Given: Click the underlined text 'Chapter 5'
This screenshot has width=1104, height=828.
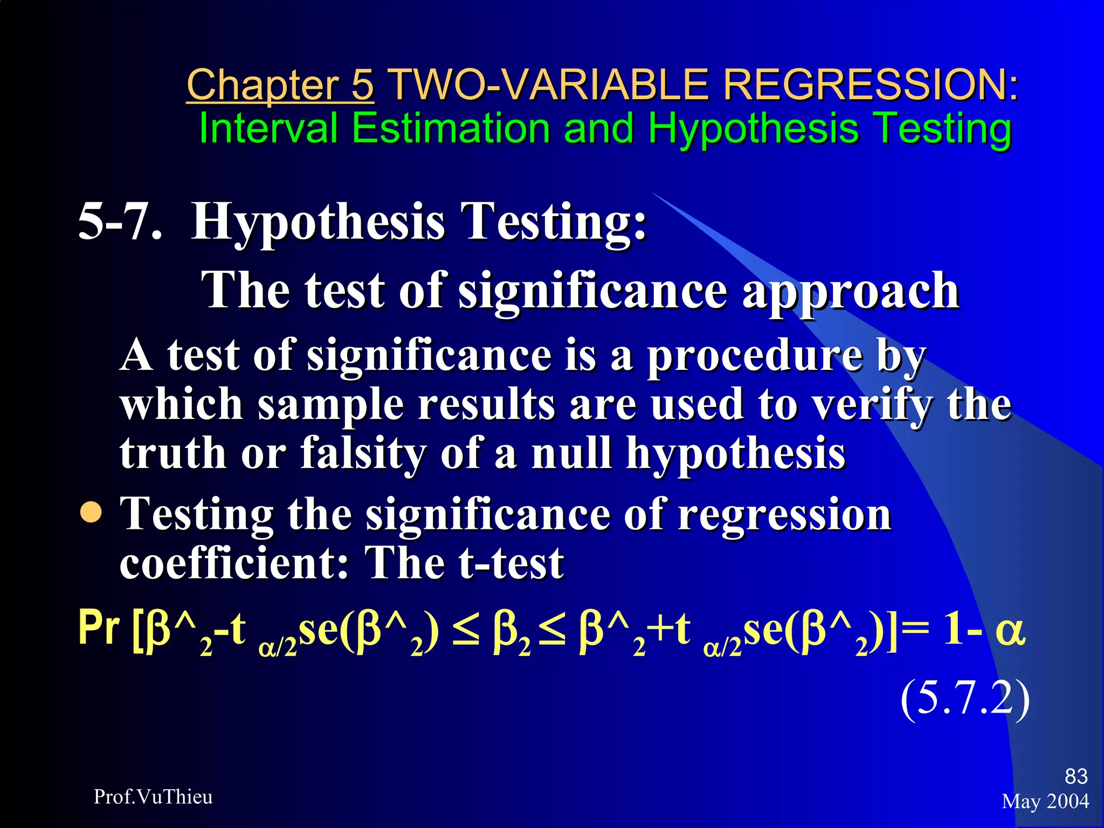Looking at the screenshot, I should [280, 85].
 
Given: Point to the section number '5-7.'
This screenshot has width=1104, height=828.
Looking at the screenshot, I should [120, 222].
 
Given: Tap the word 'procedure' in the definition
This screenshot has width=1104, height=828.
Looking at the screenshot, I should [754, 356].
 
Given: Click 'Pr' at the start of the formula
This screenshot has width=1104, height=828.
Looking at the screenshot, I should [99, 629].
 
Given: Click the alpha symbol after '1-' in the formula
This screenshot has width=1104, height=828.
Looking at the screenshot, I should [1009, 631].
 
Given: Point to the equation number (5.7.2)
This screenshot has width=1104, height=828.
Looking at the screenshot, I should [965, 699].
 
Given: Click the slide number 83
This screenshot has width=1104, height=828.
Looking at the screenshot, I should [1076, 776].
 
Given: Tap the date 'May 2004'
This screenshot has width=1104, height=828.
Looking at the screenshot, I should [1045, 802].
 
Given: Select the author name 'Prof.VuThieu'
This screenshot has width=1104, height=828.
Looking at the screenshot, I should [153, 797].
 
